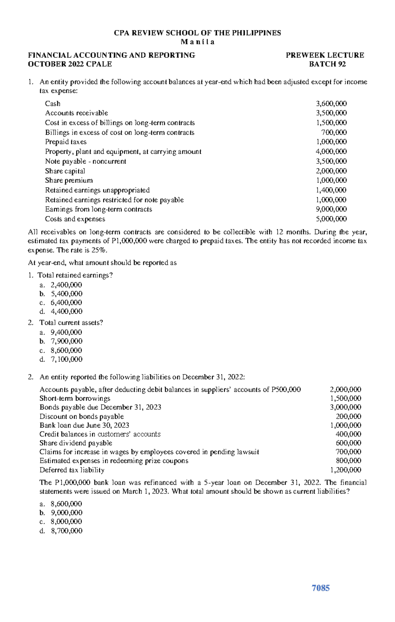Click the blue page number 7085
pyautogui.click(x=320, y=588)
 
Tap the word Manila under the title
pyautogui.click(x=197, y=42)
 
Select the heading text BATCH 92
pyautogui.click(x=327, y=64)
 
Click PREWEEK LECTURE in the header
pyautogui.click(x=325, y=55)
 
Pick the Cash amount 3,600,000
pyautogui.click(x=331, y=103)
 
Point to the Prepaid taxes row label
pyautogui.click(x=66, y=142)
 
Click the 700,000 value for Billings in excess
pyautogui.click(x=334, y=132)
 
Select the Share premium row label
pyautogui.click(x=69, y=180)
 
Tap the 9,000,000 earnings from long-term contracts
pyautogui.click(x=331, y=209)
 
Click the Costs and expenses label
pyautogui.click(x=75, y=219)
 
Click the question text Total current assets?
pyautogui.click(x=71, y=323)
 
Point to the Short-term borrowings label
pyautogui.click(x=75, y=398)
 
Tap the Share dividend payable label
pyautogui.click(x=76, y=443)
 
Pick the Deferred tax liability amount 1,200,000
pyautogui.click(x=346, y=470)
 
